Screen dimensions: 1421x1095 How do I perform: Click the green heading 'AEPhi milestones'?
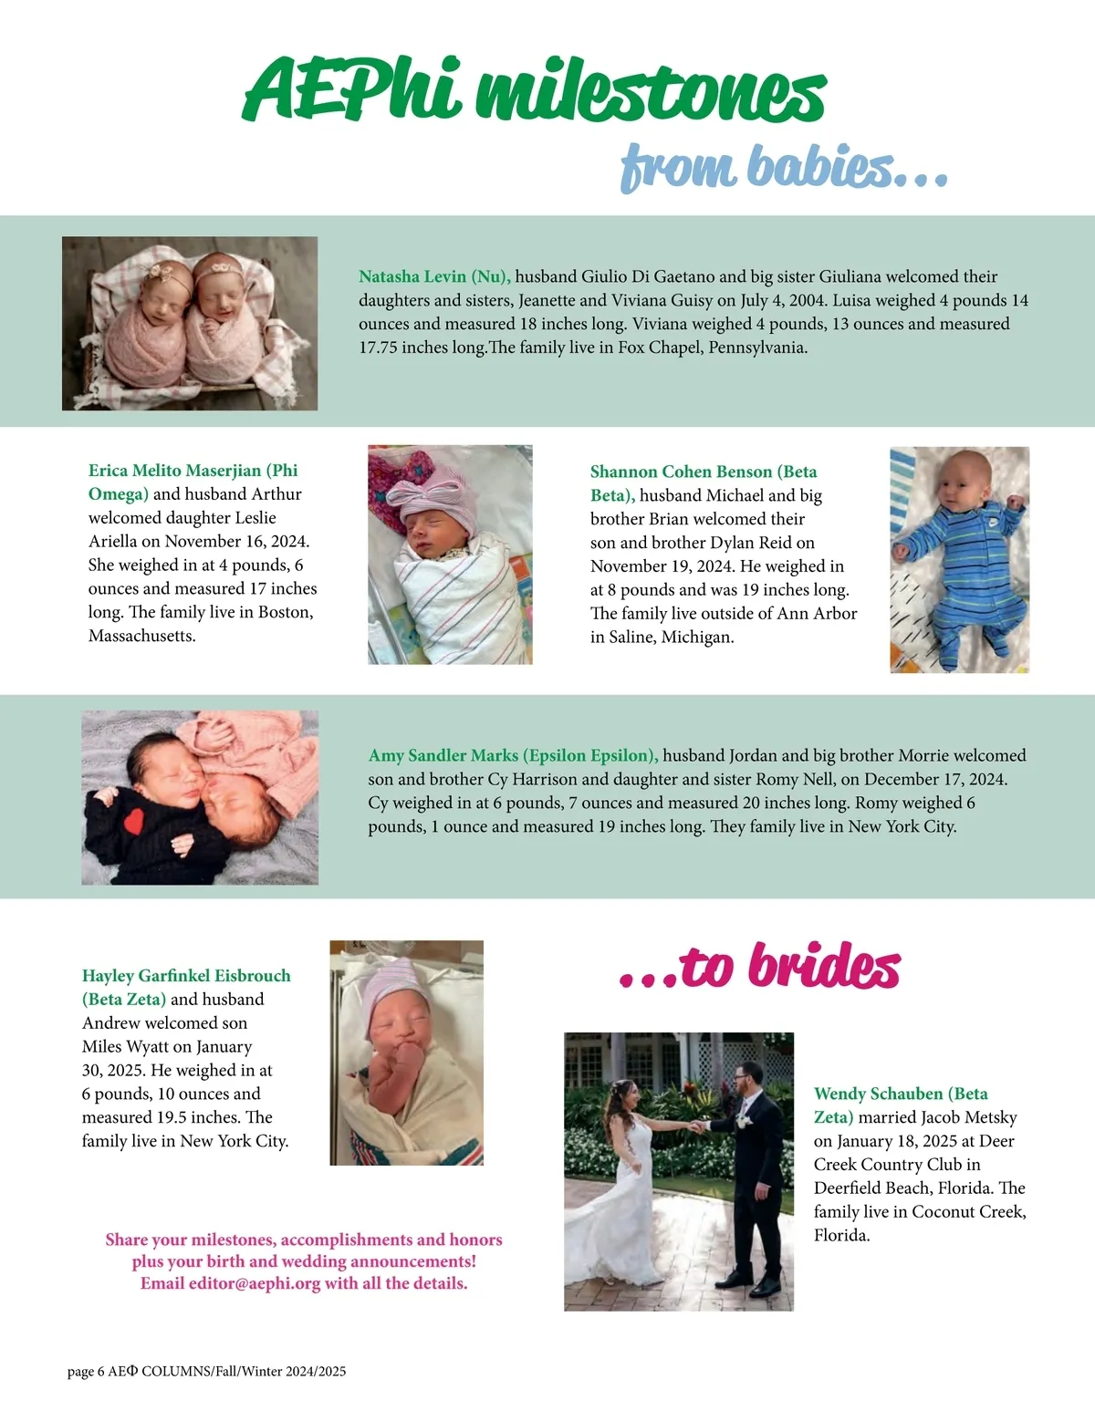click(534, 91)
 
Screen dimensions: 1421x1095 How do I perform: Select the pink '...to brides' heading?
click(759, 967)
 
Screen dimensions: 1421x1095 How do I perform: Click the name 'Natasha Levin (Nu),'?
click(434, 276)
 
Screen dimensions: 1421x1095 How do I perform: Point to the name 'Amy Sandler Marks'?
click(443, 755)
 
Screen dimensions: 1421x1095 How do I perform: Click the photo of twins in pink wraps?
click(190, 323)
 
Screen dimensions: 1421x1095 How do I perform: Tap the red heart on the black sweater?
click(135, 821)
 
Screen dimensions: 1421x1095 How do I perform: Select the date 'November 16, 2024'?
click(236, 541)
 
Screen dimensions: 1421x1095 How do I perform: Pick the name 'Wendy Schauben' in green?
click(878, 1094)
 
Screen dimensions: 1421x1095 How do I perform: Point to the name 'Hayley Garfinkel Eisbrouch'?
click(186, 975)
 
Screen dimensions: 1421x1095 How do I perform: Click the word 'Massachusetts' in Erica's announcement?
click(141, 636)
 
